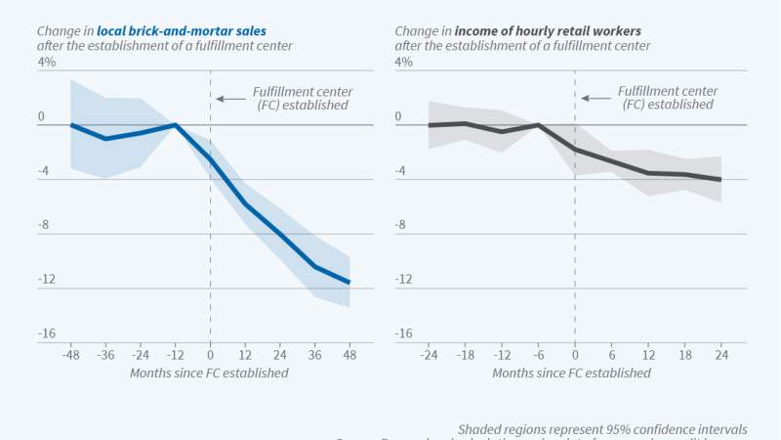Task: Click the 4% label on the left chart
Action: (x=47, y=62)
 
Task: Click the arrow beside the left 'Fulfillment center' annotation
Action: (x=225, y=98)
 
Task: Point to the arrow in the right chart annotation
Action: (x=590, y=98)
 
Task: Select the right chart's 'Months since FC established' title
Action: (x=572, y=374)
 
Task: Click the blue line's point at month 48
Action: (x=349, y=283)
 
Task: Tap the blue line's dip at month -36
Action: (x=105, y=139)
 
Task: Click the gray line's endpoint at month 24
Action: (x=720, y=180)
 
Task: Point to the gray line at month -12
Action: (x=502, y=131)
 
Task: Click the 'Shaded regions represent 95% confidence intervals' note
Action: (x=601, y=429)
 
